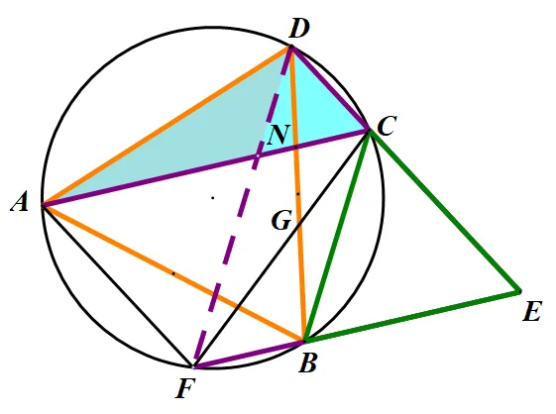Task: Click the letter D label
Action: [299, 29]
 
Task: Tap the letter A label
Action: [20, 203]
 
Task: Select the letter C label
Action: [387, 126]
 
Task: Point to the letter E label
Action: [532, 312]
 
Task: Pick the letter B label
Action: [307, 363]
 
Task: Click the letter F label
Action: [185, 389]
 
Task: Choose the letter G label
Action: [281, 221]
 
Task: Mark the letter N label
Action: [279, 135]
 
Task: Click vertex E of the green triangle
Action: [519, 292]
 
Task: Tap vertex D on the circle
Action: [291, 47]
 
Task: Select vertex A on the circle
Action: [43, 205]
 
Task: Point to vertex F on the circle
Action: [193, 367]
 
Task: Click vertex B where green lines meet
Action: [305, 341]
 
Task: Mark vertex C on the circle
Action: [369, 131]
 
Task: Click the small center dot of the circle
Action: [213, 198]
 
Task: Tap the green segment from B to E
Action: [412, 316]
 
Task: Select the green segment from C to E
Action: [444, 211]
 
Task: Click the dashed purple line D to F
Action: [242, 207]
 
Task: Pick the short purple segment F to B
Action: [249, 355]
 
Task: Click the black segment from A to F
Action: [118, 286]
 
